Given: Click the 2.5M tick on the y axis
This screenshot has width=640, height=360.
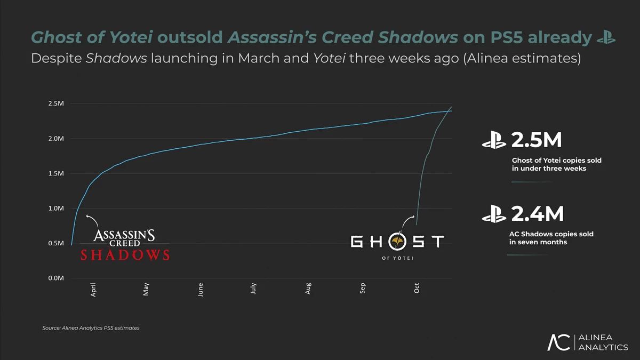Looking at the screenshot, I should pyautogui.click(x=56, y=103).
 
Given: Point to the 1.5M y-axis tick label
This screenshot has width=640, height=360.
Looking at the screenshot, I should pyautogui.click(x=56, y=173).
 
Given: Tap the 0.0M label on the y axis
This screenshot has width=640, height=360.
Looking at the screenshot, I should pyautogui.click(x=56, y=278).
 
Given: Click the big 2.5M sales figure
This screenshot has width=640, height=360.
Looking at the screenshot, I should pyautogui.click(x=537, y=140).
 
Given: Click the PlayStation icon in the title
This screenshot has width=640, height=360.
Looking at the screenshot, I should pyautogui.click(x=606, y=37).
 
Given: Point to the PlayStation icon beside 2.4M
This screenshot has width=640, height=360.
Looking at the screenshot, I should pyautogui.click(x=494, y=215).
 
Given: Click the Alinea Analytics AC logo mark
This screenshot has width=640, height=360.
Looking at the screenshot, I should pyautogui.click(x=559, y=342).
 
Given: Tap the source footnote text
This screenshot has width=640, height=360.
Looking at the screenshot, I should pyautogui.click(x=91, y=328).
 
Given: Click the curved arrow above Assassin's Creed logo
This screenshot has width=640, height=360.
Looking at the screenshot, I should pyautogui.click(x=93, y=221).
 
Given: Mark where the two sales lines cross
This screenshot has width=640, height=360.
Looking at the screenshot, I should pyautogui.click(x=449, y=110).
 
